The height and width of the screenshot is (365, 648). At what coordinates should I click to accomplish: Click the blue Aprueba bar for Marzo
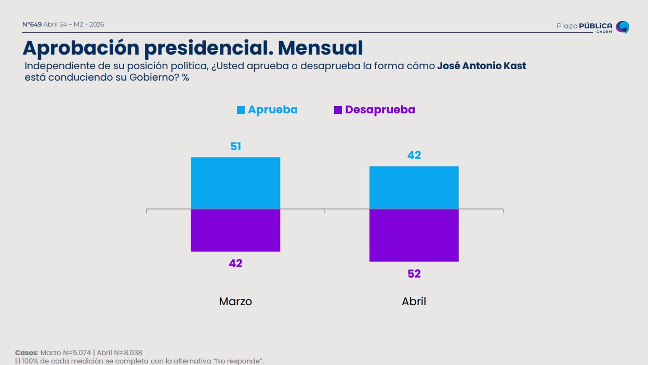(x=235, y=183)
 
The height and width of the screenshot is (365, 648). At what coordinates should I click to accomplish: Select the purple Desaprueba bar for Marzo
(x=235, y=230)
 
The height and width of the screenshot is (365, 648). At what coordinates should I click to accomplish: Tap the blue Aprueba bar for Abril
(x=414, y=188)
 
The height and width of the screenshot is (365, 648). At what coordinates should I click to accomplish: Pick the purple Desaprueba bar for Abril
(x=414, y=235)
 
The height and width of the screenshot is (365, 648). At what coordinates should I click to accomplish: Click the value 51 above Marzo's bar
(x=235, y=147)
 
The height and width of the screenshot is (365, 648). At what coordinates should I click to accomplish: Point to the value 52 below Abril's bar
(x=414, y=273)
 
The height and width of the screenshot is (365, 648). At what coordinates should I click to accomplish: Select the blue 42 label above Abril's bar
(x=414, y=155)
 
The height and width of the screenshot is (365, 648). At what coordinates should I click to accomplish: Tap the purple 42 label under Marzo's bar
(x=235, y=263)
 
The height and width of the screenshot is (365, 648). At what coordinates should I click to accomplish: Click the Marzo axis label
(x=235, y=302)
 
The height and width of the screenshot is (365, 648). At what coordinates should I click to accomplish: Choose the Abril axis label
(x=414, y=302)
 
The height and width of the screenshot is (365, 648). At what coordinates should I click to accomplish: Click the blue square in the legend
(x=241, y=110)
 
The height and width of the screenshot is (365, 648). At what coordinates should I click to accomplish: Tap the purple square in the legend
(x=338, y=110)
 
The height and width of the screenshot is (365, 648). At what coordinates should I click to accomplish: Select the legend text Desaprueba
(x=380, y=110)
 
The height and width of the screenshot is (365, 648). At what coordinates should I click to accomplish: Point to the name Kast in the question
(x=513, y=66)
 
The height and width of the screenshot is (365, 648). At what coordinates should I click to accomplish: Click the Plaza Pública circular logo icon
(x=622, y=27)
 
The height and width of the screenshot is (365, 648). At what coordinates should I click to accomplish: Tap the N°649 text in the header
(x=32, y=24)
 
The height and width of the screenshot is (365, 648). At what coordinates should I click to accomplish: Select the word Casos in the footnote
(x=26, y=353)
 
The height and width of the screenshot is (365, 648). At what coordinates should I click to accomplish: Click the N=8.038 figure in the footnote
(x=128, y=353)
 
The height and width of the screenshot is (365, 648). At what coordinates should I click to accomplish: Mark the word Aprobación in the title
(x=81, y=48)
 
